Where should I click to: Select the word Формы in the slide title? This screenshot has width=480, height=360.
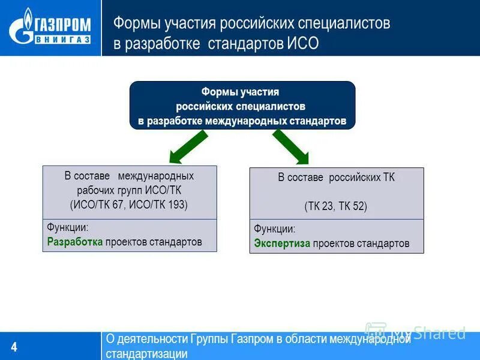pyautogui.click(x=133, y=23)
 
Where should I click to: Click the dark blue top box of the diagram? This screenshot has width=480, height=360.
pyautogui.click(x=242, y=106)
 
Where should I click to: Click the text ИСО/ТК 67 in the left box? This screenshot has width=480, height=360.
pyautogui.click(x=98, y=205)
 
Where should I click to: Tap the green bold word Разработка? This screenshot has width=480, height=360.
pyautogui.click(x=75, y=242)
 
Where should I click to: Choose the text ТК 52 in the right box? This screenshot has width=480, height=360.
pyautogui.click(x=352, y=206)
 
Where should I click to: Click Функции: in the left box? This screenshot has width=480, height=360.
pyautogui.click(x=67, y=228)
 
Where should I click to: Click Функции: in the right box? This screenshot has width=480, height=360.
pyautogui.click(x=274, y=229)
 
